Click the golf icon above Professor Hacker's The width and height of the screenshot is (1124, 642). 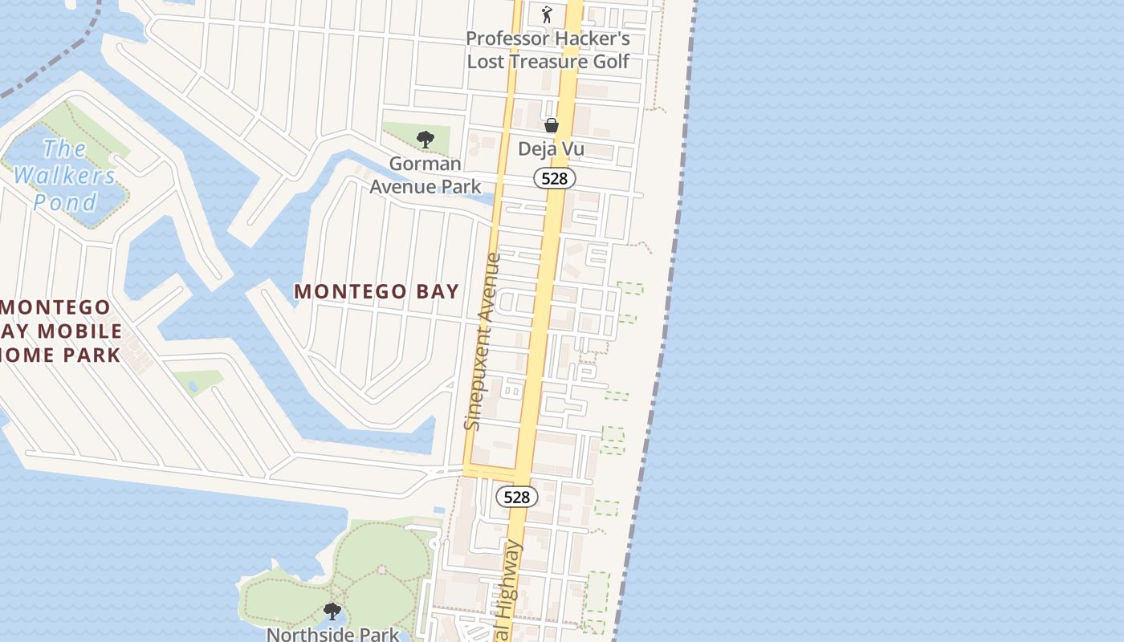pos(548,14)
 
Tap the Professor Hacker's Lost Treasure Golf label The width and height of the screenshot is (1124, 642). pos(548,50)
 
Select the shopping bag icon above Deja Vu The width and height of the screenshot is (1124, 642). pos(552,125)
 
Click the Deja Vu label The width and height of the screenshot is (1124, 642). pos(551,148)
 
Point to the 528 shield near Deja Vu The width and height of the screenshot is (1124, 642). pos(554,178)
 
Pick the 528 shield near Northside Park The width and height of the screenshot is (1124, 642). pos(516,497)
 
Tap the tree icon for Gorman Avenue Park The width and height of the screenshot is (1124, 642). pos(426,140)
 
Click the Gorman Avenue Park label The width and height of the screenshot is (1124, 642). pos(425,175)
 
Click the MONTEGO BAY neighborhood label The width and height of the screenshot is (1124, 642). pos(377,291)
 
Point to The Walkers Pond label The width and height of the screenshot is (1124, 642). pos(64,175)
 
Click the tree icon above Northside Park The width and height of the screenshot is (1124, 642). pos(332,612)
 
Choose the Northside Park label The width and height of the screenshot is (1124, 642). pos(332,634)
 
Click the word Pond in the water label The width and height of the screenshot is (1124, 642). pos(66,202)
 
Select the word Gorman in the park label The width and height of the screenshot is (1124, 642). pos(426,164)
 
